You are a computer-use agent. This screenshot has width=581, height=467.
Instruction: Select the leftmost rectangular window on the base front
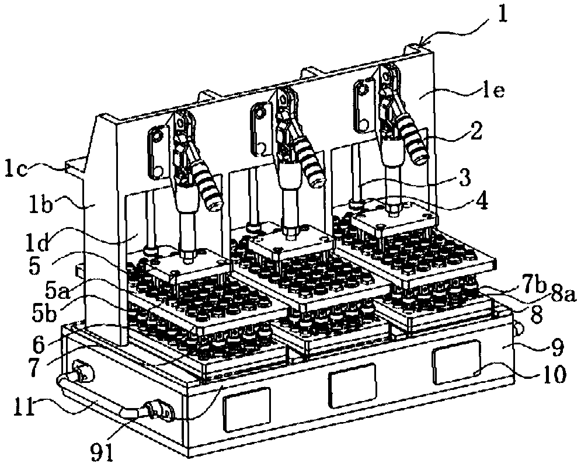tap(247, 408)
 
